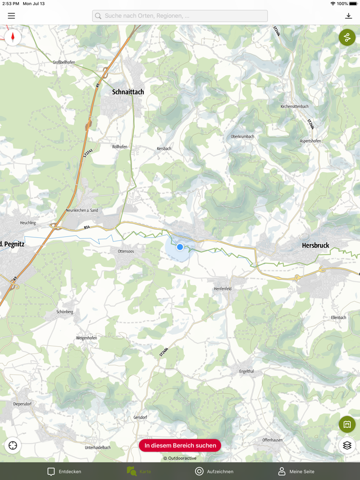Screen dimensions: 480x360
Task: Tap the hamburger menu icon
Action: [11, 16]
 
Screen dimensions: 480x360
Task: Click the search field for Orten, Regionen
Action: [180, 16]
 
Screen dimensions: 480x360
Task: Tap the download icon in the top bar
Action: [348, 16]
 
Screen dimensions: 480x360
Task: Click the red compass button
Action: [13, 37]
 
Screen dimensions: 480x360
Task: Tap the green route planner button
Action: [347, 38]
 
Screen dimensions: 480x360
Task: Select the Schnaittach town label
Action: [128, 92]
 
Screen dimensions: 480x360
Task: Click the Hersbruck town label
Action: [315, 246]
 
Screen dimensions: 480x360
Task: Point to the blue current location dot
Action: [180, 247]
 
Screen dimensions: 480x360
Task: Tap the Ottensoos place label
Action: [126, 251]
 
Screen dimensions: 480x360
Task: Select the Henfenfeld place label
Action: [223, 289]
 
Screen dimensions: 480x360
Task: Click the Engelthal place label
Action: [246, 371]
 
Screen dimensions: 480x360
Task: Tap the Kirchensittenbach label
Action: [294, 106]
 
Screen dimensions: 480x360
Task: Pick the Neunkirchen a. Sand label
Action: [82, 211]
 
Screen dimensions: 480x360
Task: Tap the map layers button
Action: [347, 446]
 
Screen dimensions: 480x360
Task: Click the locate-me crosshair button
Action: [13, 446]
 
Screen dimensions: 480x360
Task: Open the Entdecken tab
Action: [64, 471]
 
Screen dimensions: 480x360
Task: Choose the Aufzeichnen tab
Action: [214, 471]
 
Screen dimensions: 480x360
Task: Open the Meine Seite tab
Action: [296, 471]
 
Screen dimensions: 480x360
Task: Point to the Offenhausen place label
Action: [273, 440]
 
